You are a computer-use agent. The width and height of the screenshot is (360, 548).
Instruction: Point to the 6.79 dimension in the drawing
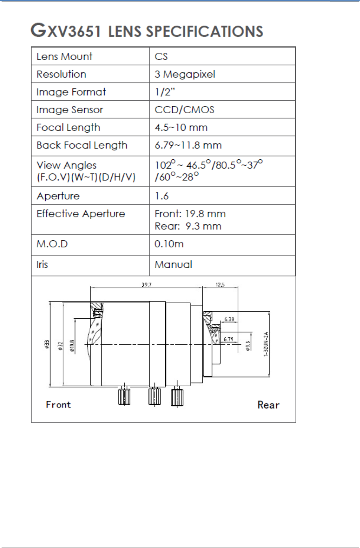[229, 338]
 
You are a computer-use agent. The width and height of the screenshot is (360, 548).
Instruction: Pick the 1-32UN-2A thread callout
[266, 344]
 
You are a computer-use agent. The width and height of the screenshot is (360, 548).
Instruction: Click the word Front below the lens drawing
[59, 404]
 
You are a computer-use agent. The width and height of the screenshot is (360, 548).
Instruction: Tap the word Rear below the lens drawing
[268, 404]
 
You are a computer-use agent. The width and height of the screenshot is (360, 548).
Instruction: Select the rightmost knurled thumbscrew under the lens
[177, 397]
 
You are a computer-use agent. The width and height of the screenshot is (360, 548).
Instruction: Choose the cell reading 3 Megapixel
[185, 74]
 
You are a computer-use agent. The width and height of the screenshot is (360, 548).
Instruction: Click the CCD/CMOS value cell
[184, 109]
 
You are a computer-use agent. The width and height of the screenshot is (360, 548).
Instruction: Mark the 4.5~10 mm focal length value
[181, 127]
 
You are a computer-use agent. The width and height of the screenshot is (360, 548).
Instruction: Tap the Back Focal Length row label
[82, 145]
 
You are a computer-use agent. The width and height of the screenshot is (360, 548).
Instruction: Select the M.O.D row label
[52, 244]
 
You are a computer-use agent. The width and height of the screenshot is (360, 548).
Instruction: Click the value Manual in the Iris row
[173, 264]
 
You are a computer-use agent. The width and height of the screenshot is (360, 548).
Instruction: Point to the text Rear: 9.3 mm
[188, 226]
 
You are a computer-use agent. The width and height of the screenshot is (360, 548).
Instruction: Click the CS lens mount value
[161, 56]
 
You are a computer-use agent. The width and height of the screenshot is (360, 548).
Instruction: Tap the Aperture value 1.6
[162, 196]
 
